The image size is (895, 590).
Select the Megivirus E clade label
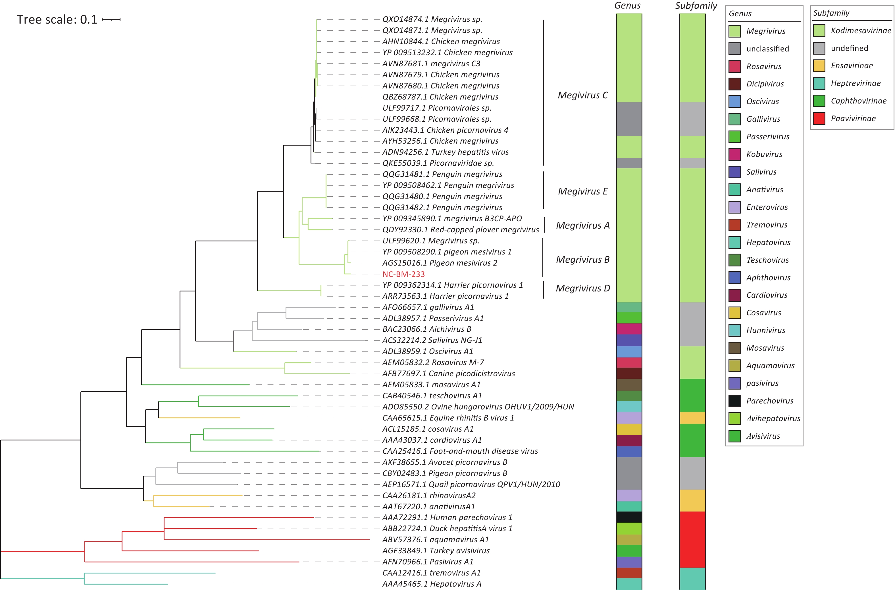pos(582,191)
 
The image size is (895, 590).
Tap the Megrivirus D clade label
pos(583,288)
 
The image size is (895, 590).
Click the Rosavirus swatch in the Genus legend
pos(734,66)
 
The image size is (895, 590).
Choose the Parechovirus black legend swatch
pos(734,401)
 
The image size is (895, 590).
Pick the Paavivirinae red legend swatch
pos(819,119)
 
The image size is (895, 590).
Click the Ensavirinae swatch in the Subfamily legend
pos(819,65)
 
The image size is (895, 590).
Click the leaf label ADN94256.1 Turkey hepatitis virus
pos(445,152)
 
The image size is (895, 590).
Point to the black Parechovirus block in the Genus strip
pos(629,517)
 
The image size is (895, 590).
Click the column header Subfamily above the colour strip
pos(696,6)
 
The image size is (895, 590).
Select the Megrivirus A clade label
pos(583,225)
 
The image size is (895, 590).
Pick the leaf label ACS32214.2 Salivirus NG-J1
pos(432,340)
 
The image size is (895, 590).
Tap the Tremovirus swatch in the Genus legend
pos(734,225)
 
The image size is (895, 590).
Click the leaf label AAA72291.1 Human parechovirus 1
pos(447,517)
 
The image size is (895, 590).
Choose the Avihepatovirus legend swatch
pos(734,419)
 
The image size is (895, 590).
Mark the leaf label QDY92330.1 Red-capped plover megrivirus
pos(461,229)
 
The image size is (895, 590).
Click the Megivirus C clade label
pos(582,95)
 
